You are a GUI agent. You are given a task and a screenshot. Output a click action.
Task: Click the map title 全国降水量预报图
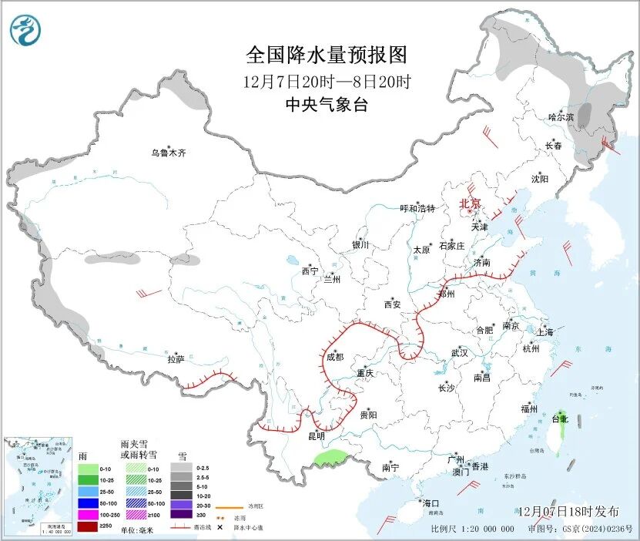tap(326, 55)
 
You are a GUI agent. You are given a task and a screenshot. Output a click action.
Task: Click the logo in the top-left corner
tap(28, 30)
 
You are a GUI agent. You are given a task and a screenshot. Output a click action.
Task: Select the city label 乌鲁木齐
tap(169, 153)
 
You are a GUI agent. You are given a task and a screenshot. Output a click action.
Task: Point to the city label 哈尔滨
tap(561, 117)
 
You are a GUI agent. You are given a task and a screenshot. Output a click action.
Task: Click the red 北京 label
tap(470, 203)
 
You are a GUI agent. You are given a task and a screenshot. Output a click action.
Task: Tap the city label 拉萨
tap(176, 359)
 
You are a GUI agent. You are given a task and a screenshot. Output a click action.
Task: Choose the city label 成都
tap(335, 357)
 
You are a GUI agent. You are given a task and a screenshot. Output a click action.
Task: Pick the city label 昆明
tap(317, 436)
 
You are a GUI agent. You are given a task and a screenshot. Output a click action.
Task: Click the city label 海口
tap(430, 503)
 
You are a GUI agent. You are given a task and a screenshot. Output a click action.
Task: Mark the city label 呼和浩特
tap(417, 208)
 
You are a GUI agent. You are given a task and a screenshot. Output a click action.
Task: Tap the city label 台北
tap(559, 419)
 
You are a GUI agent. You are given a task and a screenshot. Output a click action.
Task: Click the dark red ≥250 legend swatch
tap(87, 527)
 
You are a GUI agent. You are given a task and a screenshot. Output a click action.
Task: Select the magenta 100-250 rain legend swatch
tap(87, 515)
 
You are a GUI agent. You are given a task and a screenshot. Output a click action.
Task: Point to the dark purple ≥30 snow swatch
tap(182, 515)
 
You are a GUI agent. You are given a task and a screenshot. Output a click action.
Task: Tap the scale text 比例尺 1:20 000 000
tap(472, 529)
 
